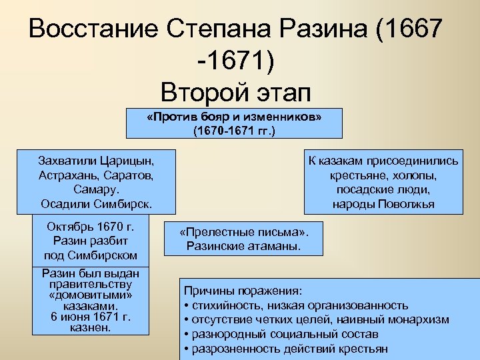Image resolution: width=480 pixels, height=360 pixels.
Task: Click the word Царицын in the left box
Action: coord(126,161)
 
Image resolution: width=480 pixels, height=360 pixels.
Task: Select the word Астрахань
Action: coord(71,175)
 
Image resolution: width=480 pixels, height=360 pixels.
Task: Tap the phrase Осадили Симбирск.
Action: coord(96,203)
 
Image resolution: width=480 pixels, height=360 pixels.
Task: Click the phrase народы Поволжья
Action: coord(383,203)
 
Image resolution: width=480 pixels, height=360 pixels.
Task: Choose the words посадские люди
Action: coord(383,189)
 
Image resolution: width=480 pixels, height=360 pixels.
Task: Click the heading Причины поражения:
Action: coord(243,291)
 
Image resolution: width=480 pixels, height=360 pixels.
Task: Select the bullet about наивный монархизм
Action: coord(316,319)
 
